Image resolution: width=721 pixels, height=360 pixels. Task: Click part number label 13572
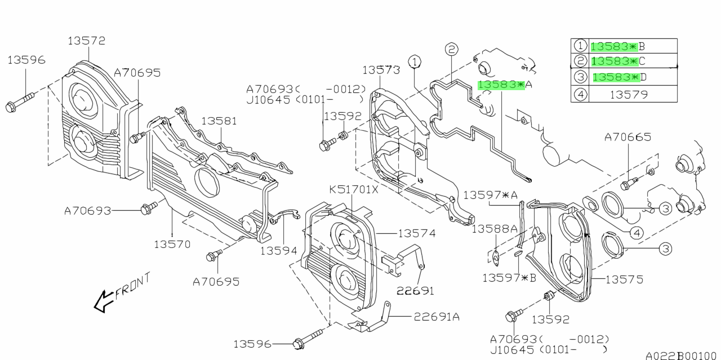click(87, 41)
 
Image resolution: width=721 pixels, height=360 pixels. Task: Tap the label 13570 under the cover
click(172, 245)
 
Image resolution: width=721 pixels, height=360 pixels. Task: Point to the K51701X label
click(354, 189)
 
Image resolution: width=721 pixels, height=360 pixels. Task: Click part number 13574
click(417, 233)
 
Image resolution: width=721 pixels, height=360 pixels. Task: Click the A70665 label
click(628, 137)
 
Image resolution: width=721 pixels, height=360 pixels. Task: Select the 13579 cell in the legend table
click(629, 94)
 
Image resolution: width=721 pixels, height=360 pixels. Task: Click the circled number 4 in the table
click(580, 94)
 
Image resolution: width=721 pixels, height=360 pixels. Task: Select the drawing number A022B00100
click(682, 355)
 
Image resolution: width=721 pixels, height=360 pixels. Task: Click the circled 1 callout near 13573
click(415, 61)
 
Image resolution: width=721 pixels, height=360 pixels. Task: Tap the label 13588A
click(494, 229)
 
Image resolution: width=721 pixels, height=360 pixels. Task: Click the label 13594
click(279, 250)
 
